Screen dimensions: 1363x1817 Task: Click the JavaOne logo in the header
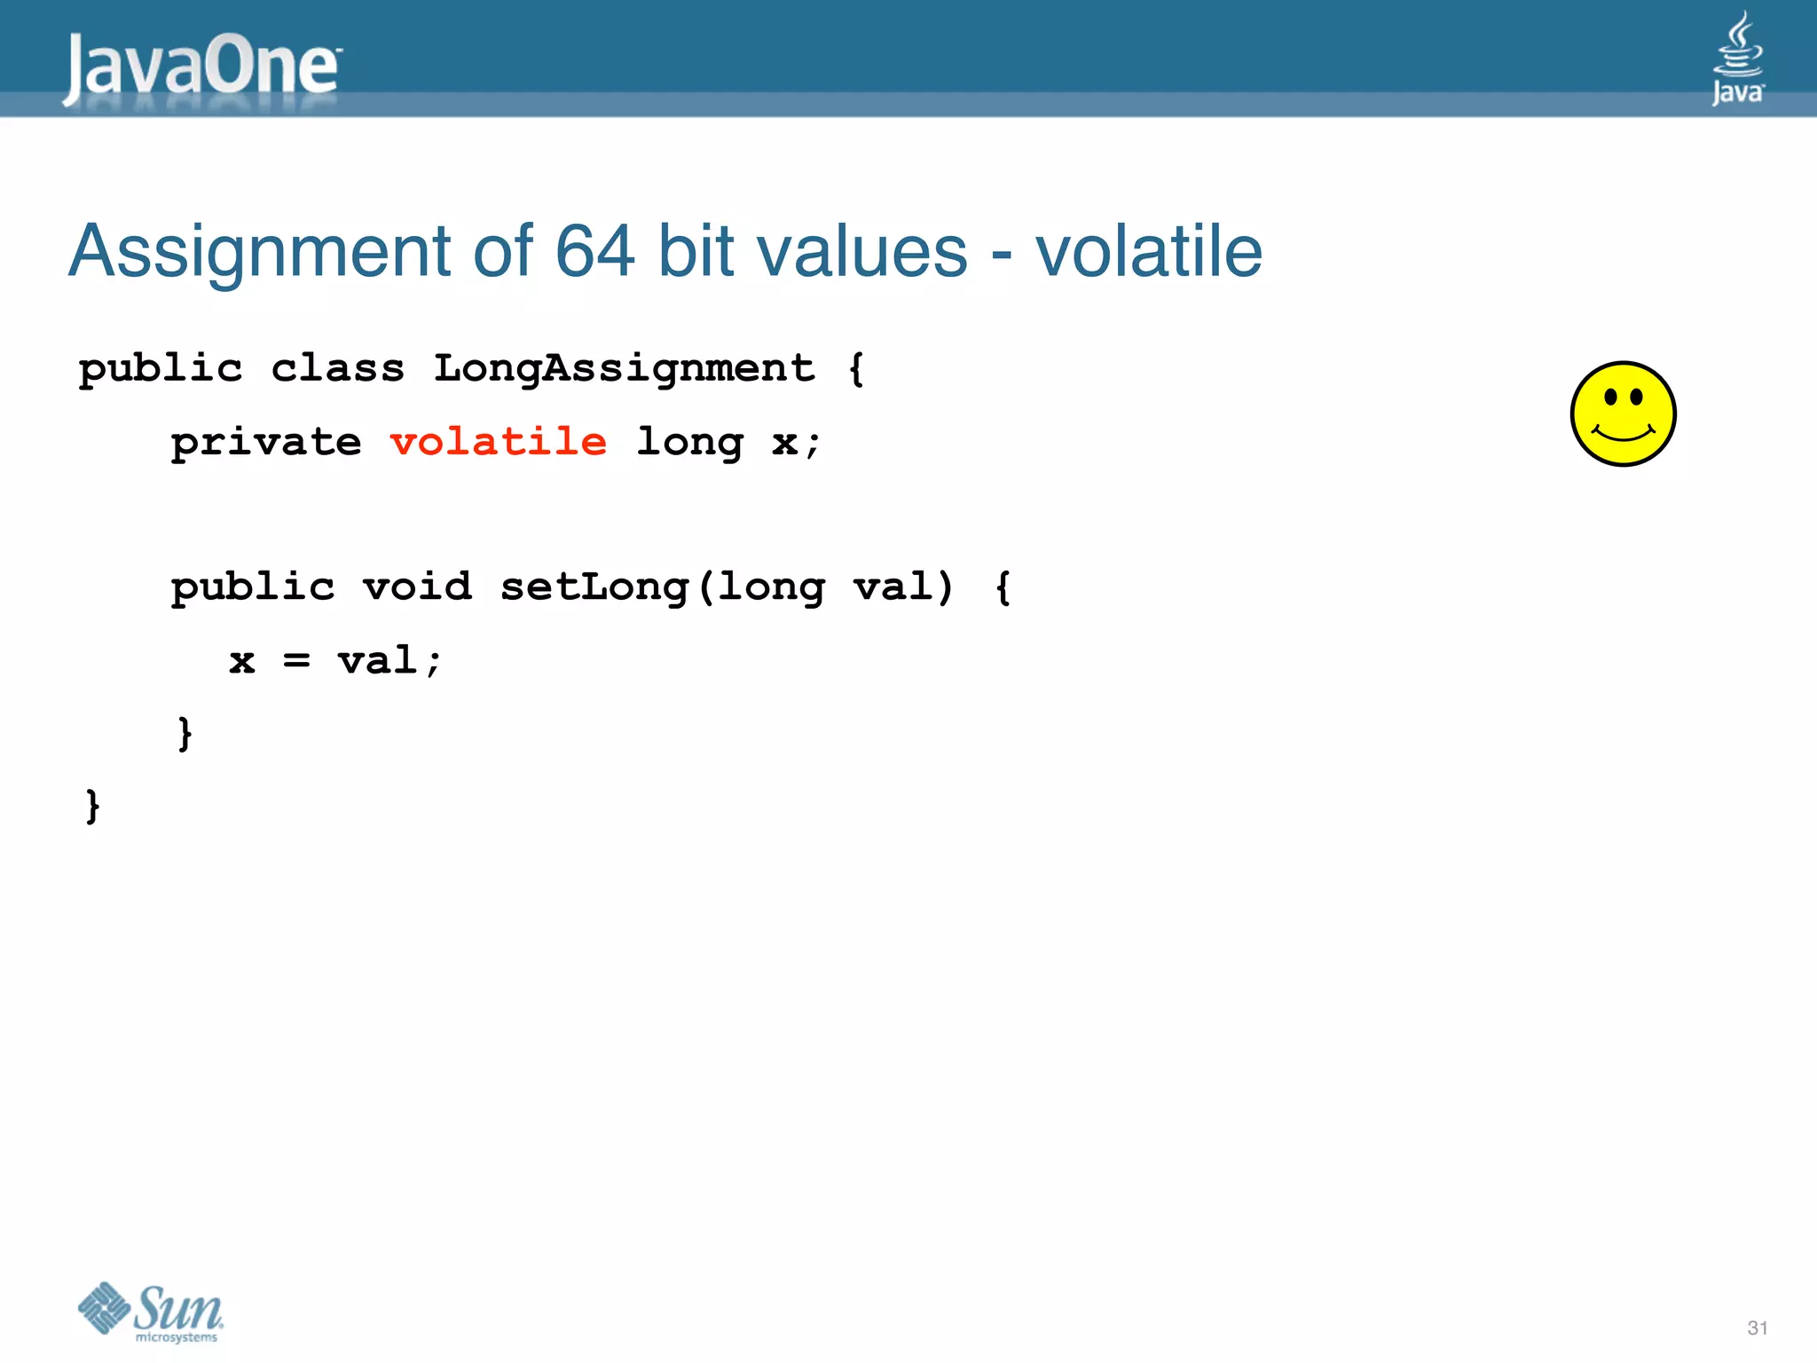point(202,66)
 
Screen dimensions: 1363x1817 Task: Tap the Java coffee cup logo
point(1737,59)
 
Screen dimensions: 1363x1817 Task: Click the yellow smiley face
point(1623,414)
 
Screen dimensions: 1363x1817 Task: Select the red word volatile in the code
point(499,441)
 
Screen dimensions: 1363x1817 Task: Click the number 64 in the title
point(594,252)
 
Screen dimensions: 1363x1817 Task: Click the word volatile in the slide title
point(1148,252)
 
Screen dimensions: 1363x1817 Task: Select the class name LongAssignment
point(624,367)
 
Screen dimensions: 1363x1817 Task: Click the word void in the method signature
point(417,587)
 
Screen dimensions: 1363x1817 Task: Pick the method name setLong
point(594,587)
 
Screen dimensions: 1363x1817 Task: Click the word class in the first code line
point(337,367)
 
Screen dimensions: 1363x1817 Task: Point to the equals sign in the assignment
point(296,660)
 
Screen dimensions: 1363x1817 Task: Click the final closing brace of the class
point(92,806)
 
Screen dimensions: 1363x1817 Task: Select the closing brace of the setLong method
point(185,733)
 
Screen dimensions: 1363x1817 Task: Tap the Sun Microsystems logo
point(151,1312)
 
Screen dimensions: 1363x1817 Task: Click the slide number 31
point(1757,1328)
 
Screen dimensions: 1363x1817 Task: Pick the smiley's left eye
point(1610,397)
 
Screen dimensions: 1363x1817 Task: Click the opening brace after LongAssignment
point(855,367)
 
